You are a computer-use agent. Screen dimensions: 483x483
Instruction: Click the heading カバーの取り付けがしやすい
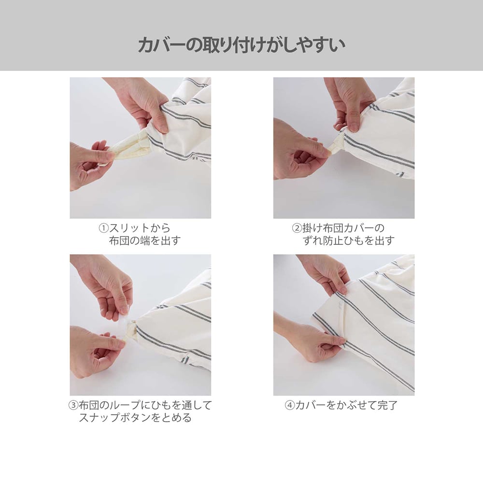241,45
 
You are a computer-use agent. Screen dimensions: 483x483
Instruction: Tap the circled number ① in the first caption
104,228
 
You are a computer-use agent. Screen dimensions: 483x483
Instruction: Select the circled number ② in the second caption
297,228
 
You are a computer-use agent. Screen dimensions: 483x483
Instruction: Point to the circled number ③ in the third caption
73,405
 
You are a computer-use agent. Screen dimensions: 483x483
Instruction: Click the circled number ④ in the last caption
290,405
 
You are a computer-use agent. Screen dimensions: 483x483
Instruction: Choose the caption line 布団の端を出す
145,241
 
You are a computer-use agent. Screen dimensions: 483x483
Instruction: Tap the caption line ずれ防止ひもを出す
348,241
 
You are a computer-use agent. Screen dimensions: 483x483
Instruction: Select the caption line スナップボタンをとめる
135,418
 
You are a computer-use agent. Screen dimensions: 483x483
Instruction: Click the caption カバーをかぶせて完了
346,405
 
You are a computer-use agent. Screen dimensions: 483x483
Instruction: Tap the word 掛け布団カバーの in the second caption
343,228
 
